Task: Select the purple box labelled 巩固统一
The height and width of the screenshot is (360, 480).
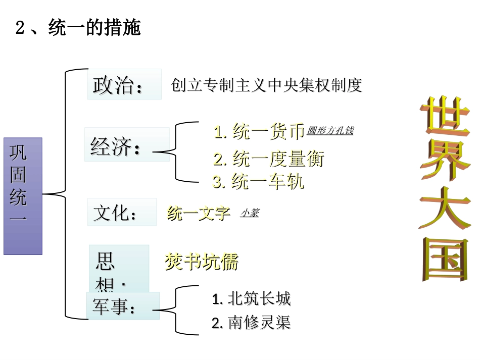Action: pos(23,196)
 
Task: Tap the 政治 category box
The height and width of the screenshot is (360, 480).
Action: pos(124,84)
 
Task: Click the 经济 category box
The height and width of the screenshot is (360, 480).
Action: pos(126,145)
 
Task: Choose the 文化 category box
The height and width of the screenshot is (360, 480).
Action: pos(122,212)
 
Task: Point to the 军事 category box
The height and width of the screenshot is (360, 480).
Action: pos(123,306)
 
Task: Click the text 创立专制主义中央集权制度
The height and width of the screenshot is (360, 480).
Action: pos(267,85)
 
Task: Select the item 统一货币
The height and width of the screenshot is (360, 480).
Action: pos(259,132)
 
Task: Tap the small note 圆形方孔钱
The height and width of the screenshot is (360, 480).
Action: pos(330,131)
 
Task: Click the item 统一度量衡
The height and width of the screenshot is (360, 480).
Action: pos(268,159)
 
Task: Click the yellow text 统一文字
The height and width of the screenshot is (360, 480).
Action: pos(199,214)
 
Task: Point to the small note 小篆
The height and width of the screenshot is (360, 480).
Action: pos(249,213)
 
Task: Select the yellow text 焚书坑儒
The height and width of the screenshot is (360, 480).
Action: pos(201,262)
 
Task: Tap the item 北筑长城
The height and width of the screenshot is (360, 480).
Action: pos(252,299)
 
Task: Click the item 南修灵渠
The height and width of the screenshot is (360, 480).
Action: pos(252,323)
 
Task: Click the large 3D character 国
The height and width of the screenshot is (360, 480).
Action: pos(445,259)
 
